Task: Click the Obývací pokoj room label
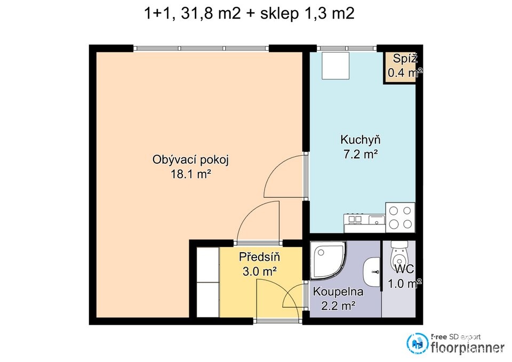[x=190, y=160]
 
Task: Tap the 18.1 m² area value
[x=190, y=174]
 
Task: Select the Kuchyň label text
[x=361, y=140]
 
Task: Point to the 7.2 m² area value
[x=361, y=154]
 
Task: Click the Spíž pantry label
[x=405, y=59]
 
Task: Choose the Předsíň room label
[x=260, y=257]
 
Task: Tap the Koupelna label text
[x=338, y=292]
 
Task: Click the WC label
[x=405, y=269]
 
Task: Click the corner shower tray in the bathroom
[x=326, y=260]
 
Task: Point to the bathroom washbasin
[x=372, y=271]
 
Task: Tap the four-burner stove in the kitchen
[x=401, y=218]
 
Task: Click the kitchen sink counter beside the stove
[x=365, y=223]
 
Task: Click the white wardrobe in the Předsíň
[x=208, y=282]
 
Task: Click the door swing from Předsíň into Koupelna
[x=293, y=296]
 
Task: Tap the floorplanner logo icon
[x=417, y=343]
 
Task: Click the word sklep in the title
[x=279, y=14]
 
